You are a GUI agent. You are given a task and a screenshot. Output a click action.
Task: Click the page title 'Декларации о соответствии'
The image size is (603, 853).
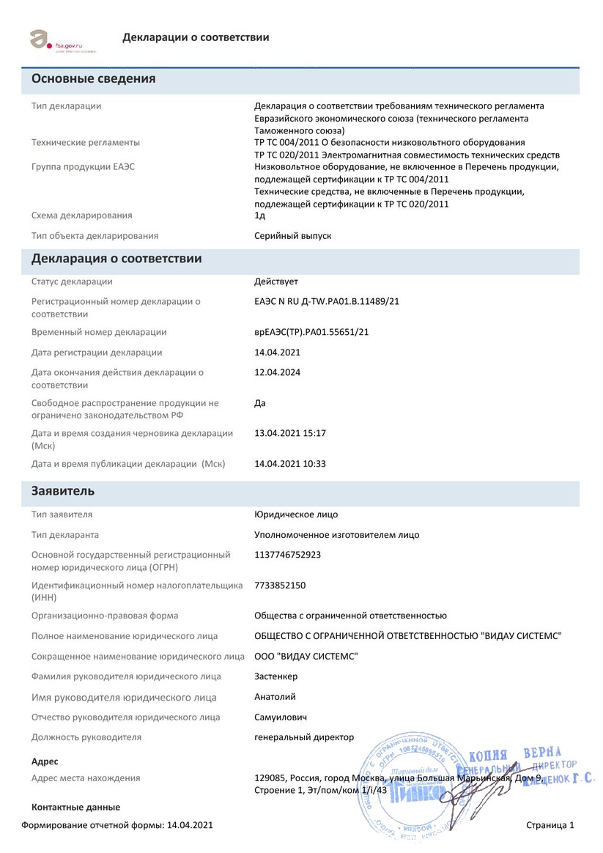point(196,37)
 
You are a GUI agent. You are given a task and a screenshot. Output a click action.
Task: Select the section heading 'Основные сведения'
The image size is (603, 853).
point(93,79)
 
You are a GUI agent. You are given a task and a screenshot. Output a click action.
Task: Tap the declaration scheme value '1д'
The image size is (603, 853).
point(259,215)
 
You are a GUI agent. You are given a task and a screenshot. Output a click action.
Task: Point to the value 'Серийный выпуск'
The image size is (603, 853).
point(292,236)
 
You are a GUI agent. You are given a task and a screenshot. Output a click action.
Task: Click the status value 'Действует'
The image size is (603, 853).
point(276,282)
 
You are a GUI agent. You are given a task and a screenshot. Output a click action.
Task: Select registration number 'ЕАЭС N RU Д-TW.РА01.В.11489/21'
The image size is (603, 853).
point(326,301)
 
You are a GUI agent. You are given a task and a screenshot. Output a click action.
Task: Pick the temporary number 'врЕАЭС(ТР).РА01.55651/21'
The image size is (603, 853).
point(311,332)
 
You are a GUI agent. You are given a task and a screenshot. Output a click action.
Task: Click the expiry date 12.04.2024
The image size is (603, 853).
point(277,372)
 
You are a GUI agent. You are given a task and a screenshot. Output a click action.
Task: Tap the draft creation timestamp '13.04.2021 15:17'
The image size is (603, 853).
point(290,433)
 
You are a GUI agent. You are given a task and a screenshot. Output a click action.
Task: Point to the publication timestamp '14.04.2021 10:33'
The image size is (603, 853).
point(290,464)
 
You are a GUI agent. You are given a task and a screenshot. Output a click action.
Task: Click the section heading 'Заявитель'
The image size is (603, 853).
point(63,491)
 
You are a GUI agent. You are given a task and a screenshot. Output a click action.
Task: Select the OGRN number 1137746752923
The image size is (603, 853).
point(287,555)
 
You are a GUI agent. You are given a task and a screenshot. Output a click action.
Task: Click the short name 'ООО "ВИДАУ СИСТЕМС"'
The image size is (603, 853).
point(306,656)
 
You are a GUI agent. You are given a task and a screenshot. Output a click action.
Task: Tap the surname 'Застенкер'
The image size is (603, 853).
point(276,676)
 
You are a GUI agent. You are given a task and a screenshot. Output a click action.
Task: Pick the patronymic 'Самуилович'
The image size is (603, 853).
point(281,717)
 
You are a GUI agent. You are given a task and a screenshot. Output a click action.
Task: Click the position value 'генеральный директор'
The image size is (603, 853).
point(303,737)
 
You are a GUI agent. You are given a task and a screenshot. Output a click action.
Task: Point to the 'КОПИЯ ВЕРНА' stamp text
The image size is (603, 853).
point(514,754)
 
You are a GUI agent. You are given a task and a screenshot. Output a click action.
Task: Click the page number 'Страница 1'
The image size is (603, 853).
point(550,825)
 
